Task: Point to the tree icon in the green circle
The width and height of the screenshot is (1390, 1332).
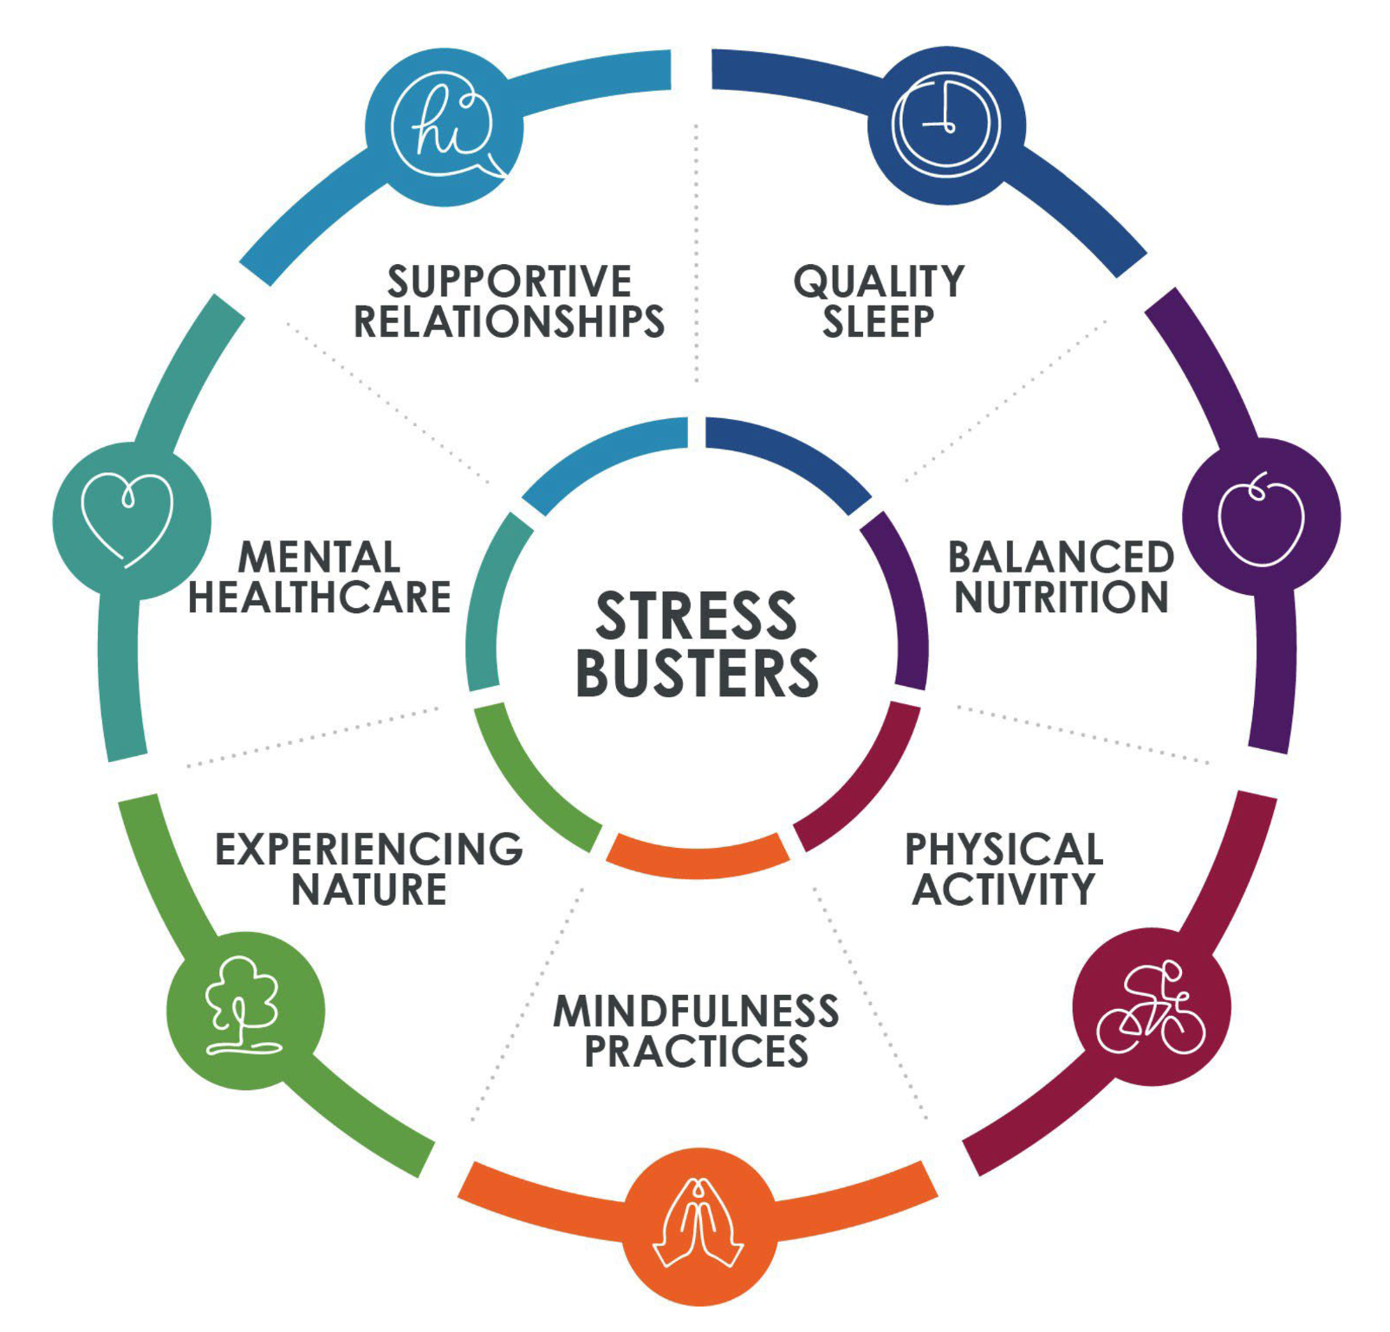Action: point(244,1005)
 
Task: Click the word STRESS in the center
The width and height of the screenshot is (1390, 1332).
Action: point(696,616)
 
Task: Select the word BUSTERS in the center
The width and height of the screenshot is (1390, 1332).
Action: point(697,673)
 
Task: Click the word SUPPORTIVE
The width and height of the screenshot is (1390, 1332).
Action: point(510,281)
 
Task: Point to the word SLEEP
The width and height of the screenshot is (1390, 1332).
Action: point(879,321)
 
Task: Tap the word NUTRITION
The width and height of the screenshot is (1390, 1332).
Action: point(1062,597)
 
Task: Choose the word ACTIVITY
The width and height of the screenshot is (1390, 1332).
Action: point(1004,889)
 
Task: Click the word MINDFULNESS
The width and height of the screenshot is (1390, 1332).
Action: point(697,1011)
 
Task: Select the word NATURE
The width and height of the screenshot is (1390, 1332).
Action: point(369,889)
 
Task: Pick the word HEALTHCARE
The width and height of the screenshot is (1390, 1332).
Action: point(320,597)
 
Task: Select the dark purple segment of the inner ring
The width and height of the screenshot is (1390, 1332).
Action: point(905,598)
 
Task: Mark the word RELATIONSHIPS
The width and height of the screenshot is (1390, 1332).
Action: point(510,321)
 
